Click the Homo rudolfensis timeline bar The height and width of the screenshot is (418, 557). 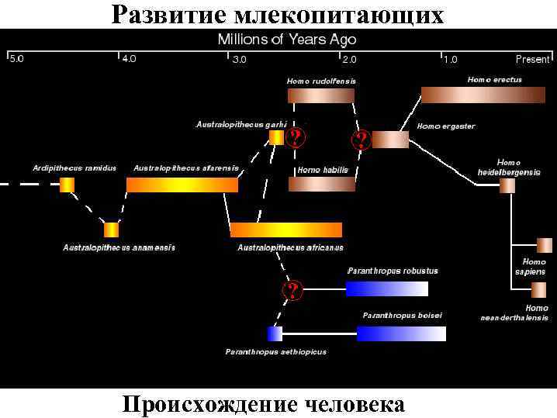(321, 95)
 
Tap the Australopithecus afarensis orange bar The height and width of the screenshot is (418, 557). (182, 185)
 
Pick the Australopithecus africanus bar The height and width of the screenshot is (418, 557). (286, 230)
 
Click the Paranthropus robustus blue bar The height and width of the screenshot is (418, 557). (386, 288)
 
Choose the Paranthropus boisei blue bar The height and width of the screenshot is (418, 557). (401, 333)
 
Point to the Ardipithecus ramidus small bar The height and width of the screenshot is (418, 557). (67, 185)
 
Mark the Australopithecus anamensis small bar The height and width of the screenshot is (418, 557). (111, 230)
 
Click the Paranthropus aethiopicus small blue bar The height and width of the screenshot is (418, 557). (275, 333)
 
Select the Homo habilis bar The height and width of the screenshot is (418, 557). (321, 184)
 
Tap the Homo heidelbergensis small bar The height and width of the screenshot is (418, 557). (507, 185)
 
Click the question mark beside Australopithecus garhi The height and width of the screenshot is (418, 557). (296, 138)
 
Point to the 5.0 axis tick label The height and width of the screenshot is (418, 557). (16, 60)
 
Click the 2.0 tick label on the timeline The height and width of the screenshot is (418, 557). (350, 60)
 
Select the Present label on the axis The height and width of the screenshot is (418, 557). (532, 60)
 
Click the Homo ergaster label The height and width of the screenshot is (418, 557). (446, 126)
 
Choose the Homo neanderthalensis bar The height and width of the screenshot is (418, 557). (538, 290)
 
